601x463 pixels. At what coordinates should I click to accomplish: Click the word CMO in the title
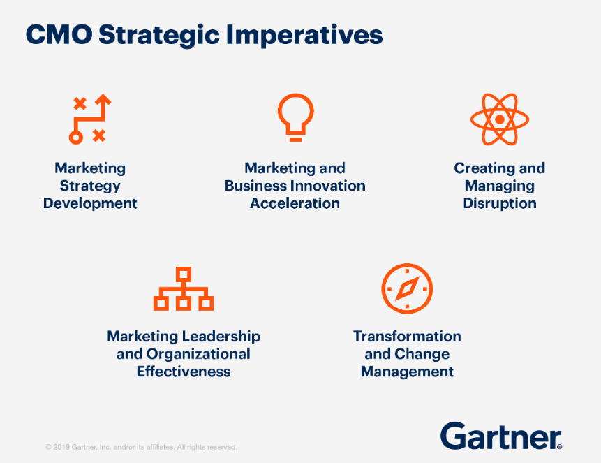(59, 34)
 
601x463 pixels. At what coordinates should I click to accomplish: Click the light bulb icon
(295, 117)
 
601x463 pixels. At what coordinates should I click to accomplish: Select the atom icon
(500, 119)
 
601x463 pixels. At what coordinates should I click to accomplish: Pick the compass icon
(407, 288)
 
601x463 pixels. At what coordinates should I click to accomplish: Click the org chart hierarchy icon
(184, 288)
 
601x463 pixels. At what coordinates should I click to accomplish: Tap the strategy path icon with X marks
(90, 119)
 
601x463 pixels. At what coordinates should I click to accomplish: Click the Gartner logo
(501, 436)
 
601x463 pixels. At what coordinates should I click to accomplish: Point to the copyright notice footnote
(141, 447)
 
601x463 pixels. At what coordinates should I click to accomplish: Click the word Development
(90, 203)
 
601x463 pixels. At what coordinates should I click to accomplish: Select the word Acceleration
(295, 203)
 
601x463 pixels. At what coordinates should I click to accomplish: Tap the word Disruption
(500, 203)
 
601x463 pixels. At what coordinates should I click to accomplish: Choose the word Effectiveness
(184, 372)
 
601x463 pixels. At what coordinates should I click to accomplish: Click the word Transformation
(407, 336)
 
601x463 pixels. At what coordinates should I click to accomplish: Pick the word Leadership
(221, 337)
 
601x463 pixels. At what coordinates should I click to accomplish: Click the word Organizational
(198, 354)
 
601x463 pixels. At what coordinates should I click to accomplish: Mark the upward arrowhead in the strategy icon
(103, 100)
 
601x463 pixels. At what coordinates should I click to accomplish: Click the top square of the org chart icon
(184, 274)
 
